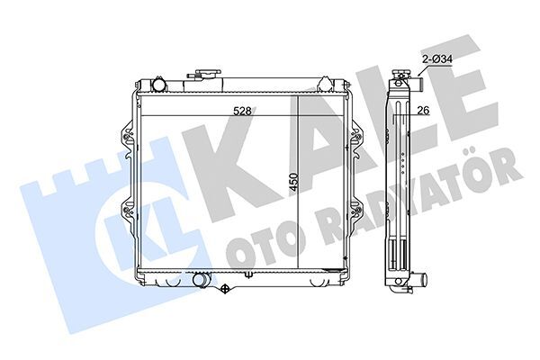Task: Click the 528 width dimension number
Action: (x=242, y=112)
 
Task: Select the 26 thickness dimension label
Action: (x=423, y=110)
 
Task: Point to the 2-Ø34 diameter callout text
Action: (x=437, y=59)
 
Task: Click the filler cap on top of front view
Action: (x=208, y=74)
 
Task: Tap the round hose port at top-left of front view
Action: (x=158, y=85)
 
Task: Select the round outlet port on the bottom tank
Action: (x=200, y=279)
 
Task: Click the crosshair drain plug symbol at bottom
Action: (x=225, y=288)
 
